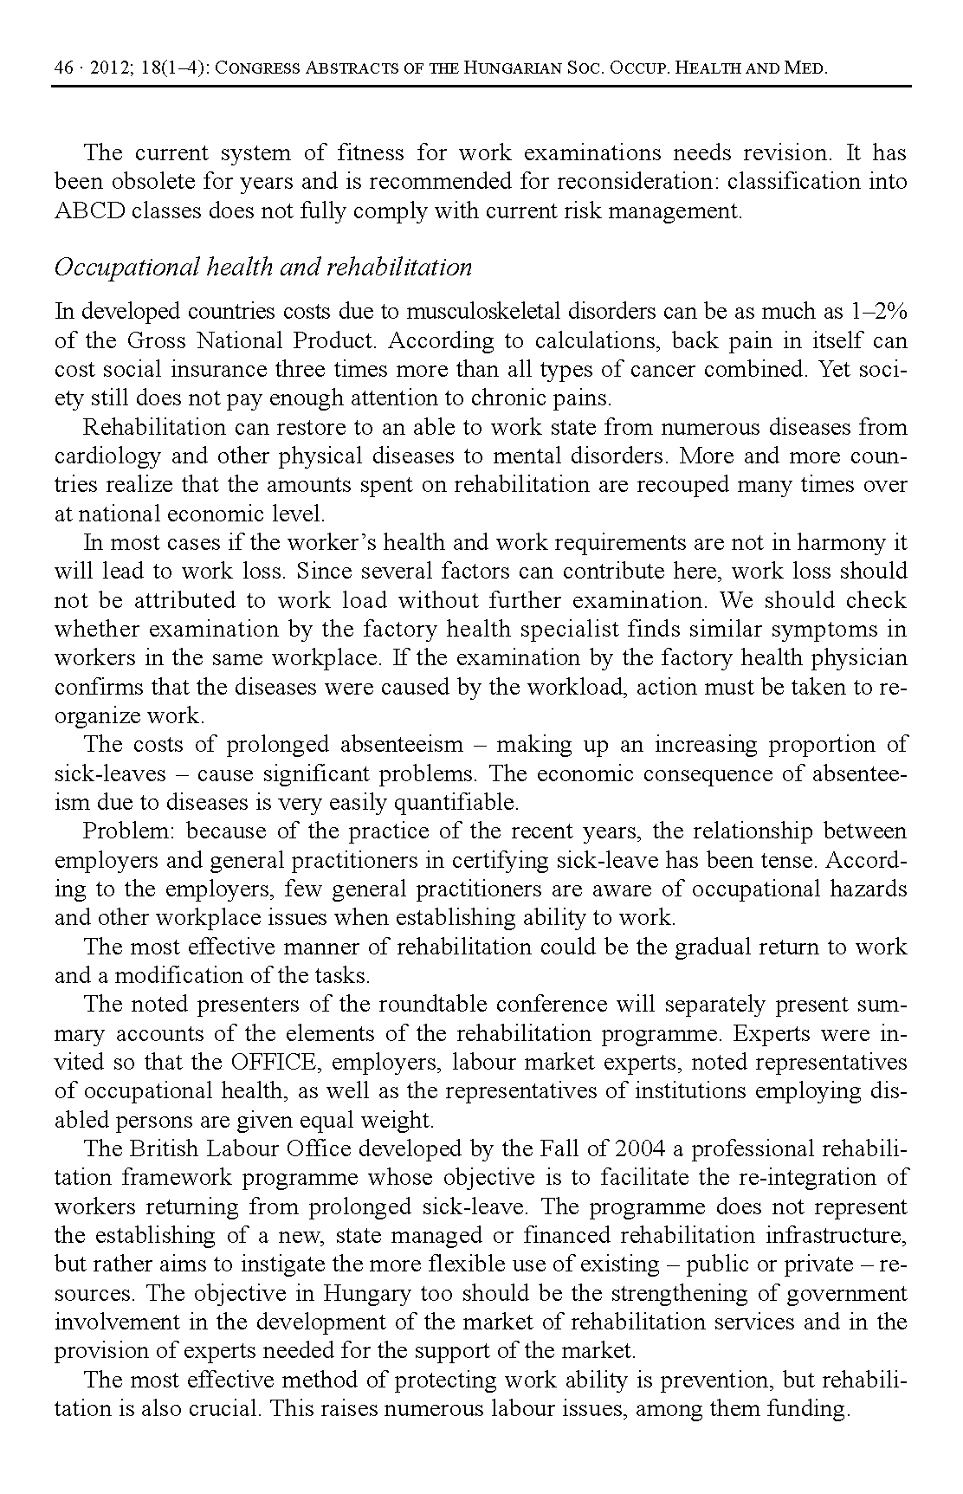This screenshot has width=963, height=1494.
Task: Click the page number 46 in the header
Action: [x=63, y=68]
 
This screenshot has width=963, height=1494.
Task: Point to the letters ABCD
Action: [x=90, y=210]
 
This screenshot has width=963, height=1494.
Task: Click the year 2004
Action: [x=639, y=1149]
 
